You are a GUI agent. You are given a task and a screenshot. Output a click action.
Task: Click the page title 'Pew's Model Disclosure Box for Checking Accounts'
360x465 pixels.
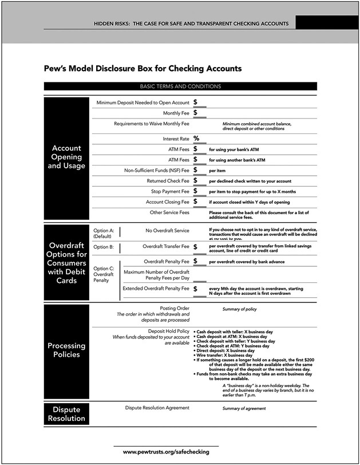coord(143,69)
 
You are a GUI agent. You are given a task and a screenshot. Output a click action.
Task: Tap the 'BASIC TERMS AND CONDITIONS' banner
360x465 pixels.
coord(180,86)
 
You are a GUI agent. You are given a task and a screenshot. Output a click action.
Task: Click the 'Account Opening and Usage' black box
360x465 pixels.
coord(66,157)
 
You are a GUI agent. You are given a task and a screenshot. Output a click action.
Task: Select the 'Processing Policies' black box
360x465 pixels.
coord(66,350)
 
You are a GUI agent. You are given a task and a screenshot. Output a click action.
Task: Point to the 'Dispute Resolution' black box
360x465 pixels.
coord(66,414)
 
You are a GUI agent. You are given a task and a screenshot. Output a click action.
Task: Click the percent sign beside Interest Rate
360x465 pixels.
coord(196,139)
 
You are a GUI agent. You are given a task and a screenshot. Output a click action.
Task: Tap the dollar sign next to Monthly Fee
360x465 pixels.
coord(196,113)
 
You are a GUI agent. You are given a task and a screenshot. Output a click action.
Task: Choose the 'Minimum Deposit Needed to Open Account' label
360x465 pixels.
coord(143,103)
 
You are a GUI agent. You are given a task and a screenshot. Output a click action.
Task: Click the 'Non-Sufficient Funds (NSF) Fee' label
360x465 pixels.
coord(156,170)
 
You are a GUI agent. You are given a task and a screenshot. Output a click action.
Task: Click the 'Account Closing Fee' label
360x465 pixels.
coord(167,202)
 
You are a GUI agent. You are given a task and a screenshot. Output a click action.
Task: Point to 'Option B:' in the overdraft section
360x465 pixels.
coord(104,247)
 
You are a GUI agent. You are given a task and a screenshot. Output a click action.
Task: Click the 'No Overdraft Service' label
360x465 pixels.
coord(167,231)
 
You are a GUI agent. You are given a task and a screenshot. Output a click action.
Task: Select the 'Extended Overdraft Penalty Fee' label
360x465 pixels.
coord(156,289)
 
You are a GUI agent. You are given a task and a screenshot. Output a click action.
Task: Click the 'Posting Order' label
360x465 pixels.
coord(175,308)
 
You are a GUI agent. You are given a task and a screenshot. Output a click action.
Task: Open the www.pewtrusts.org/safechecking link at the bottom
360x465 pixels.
coord(166,452)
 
